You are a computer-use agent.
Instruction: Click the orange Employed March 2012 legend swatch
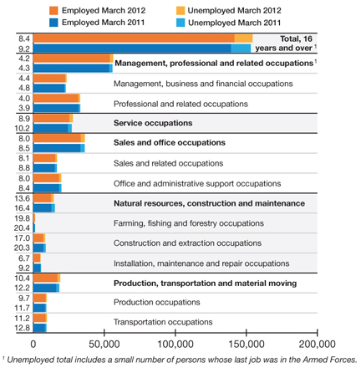[x=53, y=11]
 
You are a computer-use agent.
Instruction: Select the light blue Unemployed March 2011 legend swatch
[x=180, y=23]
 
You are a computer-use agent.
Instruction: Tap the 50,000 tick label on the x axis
[x=104, y=344]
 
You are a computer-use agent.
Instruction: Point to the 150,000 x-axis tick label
[x=247, y=344]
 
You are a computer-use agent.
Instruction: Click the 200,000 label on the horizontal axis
[x=317, y=344]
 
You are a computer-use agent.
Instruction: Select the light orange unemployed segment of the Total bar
[x=243, y=38]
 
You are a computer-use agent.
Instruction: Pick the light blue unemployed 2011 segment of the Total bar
[x=241, y=49]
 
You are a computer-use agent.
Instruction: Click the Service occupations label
[x=153, y=123]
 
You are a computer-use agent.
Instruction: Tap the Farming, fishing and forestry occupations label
[x=189, y=223]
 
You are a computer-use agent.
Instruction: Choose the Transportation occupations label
[x=163, y=322]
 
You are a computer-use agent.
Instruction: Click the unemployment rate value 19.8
[x=22, y=218]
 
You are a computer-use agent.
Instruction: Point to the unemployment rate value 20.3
[x=22, y=248]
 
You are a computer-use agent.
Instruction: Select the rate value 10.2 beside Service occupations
[x=22, y=128]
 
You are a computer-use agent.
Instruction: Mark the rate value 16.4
[x=22, y=208]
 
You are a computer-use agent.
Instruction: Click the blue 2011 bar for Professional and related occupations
[x=57, y=108]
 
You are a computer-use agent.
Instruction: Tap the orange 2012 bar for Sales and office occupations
[x=59, y=138]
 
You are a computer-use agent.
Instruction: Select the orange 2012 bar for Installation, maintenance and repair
[x=37, y=258]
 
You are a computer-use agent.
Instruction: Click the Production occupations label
[x=157, y=302]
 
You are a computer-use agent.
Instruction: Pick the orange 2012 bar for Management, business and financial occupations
[x=50, y=79]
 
